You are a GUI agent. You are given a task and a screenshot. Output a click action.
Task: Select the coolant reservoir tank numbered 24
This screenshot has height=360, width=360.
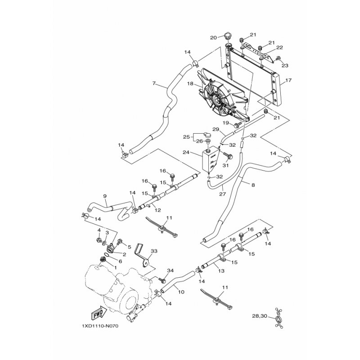210,160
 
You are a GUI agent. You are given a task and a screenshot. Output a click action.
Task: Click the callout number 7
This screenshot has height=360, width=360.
154,84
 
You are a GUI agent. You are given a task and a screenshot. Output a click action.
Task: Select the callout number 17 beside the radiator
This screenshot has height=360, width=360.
288,80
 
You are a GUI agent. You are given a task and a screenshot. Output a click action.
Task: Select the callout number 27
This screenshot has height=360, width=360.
222,194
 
